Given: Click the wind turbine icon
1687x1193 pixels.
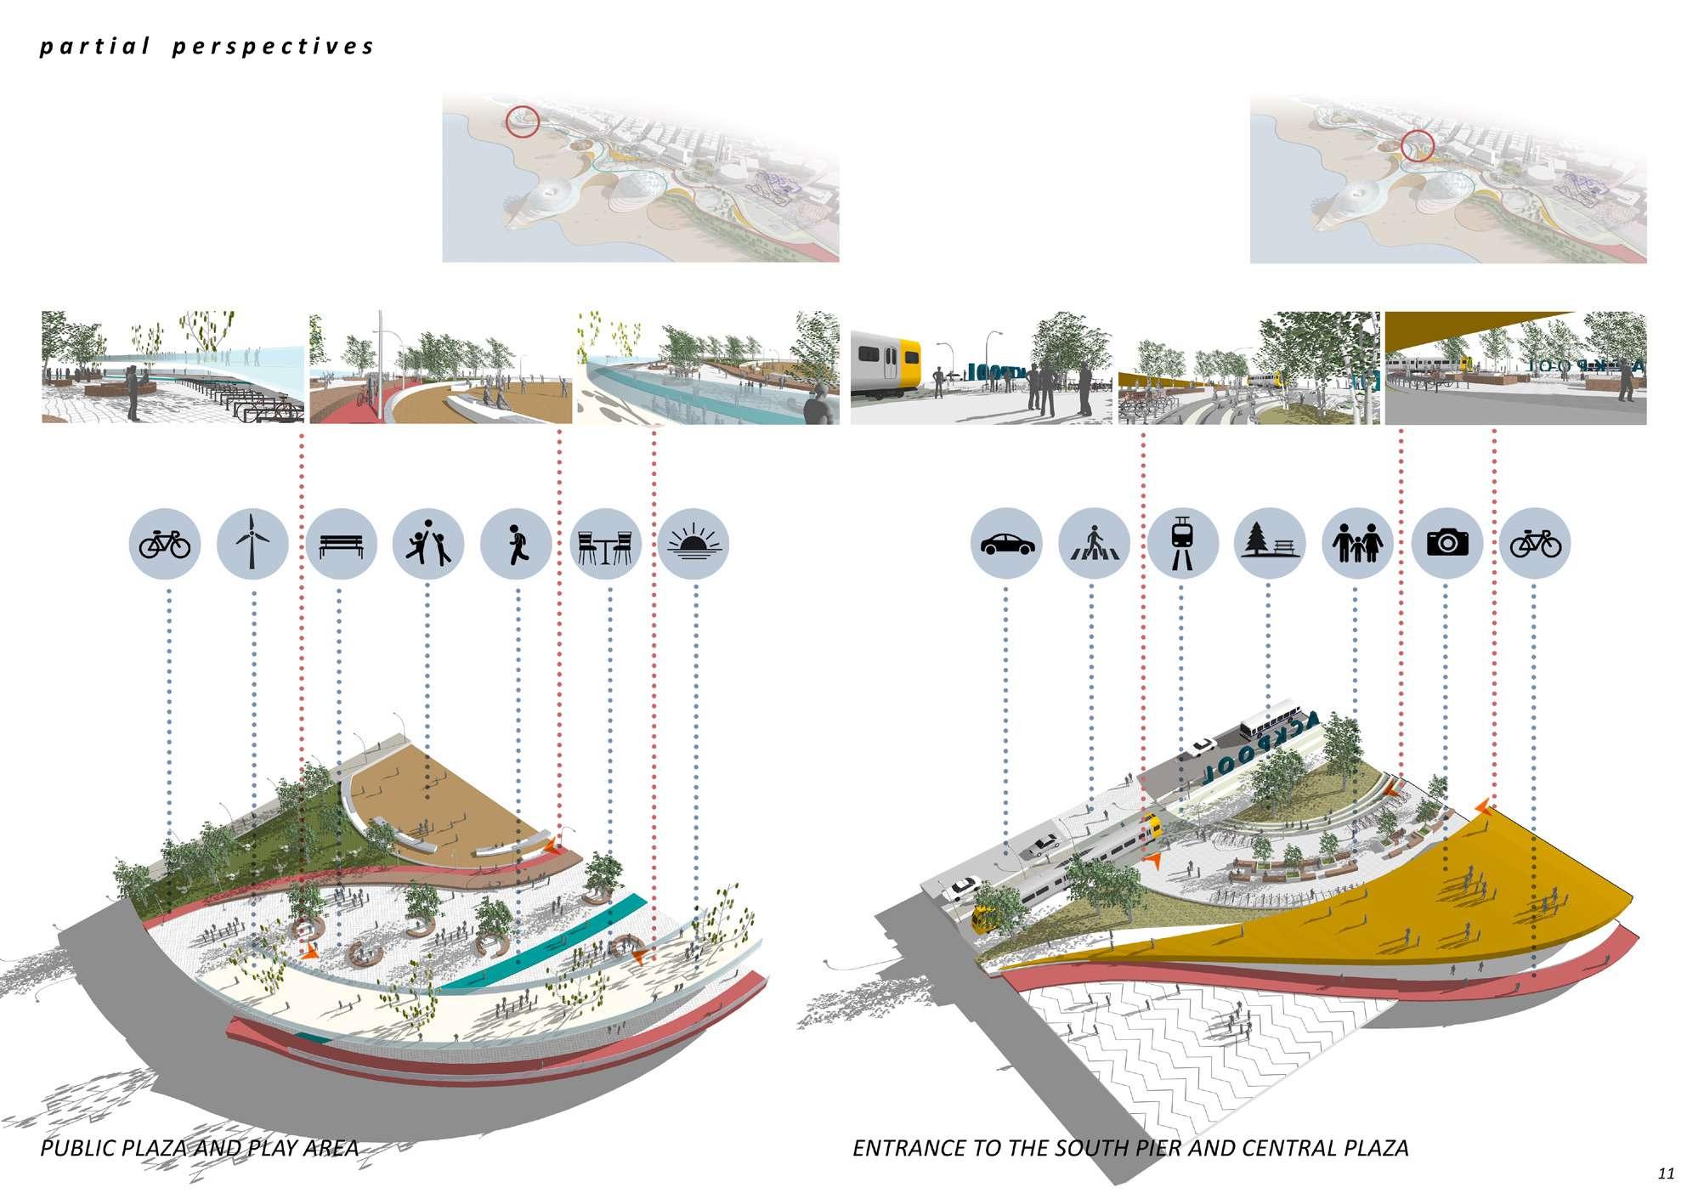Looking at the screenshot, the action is [x=252, y=545].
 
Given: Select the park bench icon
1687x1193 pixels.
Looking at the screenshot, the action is [x=341, y=545].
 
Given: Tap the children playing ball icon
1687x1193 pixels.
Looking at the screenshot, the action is [x=428, y=545].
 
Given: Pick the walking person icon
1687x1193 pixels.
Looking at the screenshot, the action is [x=516, y=545].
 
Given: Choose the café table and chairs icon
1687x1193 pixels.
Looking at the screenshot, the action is [x=604, y=545].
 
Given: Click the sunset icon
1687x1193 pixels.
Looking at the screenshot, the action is [x=693, y=545].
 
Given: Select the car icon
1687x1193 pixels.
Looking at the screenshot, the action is [x=1006, y=544].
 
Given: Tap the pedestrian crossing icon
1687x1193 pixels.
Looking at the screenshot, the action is [x=1095, y=544].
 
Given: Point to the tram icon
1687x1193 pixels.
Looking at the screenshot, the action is [x=1182, y=544].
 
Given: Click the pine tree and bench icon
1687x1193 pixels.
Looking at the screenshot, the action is [x=1270, y=544].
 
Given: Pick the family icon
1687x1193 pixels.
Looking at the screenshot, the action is [x=1358, y=544].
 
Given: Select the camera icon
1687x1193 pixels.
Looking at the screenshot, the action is [x=1447, y=544].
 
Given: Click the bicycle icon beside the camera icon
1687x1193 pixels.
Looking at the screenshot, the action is [x=1535, y=544].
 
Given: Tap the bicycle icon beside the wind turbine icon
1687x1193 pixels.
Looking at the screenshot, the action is [x=165, y=545].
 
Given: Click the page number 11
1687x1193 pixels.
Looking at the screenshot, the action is [x=1665, y=1173].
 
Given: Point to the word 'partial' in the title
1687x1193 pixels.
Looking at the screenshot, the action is [x=94, y=47].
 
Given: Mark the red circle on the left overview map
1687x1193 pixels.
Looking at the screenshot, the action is [x=523, y=122].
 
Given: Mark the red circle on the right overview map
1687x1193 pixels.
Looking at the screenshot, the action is [x=1417, y=146].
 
